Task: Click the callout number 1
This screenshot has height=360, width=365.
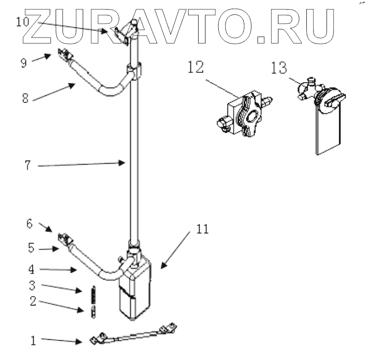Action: tap(33, 341)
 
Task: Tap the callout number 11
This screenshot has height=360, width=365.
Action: tap(202, 230)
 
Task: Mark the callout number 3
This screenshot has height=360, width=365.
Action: tap(32, 285)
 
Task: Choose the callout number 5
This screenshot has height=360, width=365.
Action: tap(31, 249)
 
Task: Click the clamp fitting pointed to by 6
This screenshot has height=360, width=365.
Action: tap(63, 238)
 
